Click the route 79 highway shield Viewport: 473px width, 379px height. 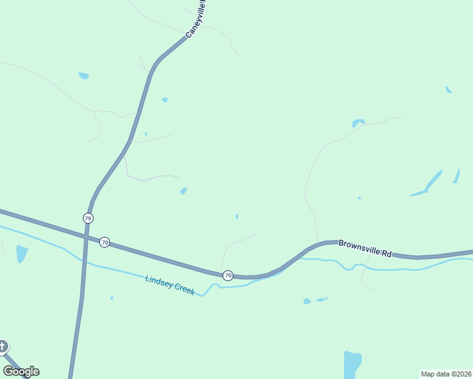click(88, 218)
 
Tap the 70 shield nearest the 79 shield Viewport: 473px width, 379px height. click(105, 242)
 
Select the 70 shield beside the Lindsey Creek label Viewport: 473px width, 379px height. click(228, 275)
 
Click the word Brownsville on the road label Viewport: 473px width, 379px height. click(359, 246)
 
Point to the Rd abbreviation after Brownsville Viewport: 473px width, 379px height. click(386, 253)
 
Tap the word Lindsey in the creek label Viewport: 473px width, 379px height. click(158, 282)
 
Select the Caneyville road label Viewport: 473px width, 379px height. click(197, 19)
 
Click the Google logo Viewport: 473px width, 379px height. click(21, 371)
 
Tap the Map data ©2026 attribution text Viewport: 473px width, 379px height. click(446, 374)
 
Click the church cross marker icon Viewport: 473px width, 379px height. click(3, 346)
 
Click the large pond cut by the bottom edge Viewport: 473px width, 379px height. click(352, 364)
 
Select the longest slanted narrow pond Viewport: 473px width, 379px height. click(434, 181)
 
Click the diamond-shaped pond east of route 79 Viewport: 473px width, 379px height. click(183, 191)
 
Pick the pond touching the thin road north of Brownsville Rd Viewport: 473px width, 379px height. click(359, 123)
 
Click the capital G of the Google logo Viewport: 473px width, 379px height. click(8, 371)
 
